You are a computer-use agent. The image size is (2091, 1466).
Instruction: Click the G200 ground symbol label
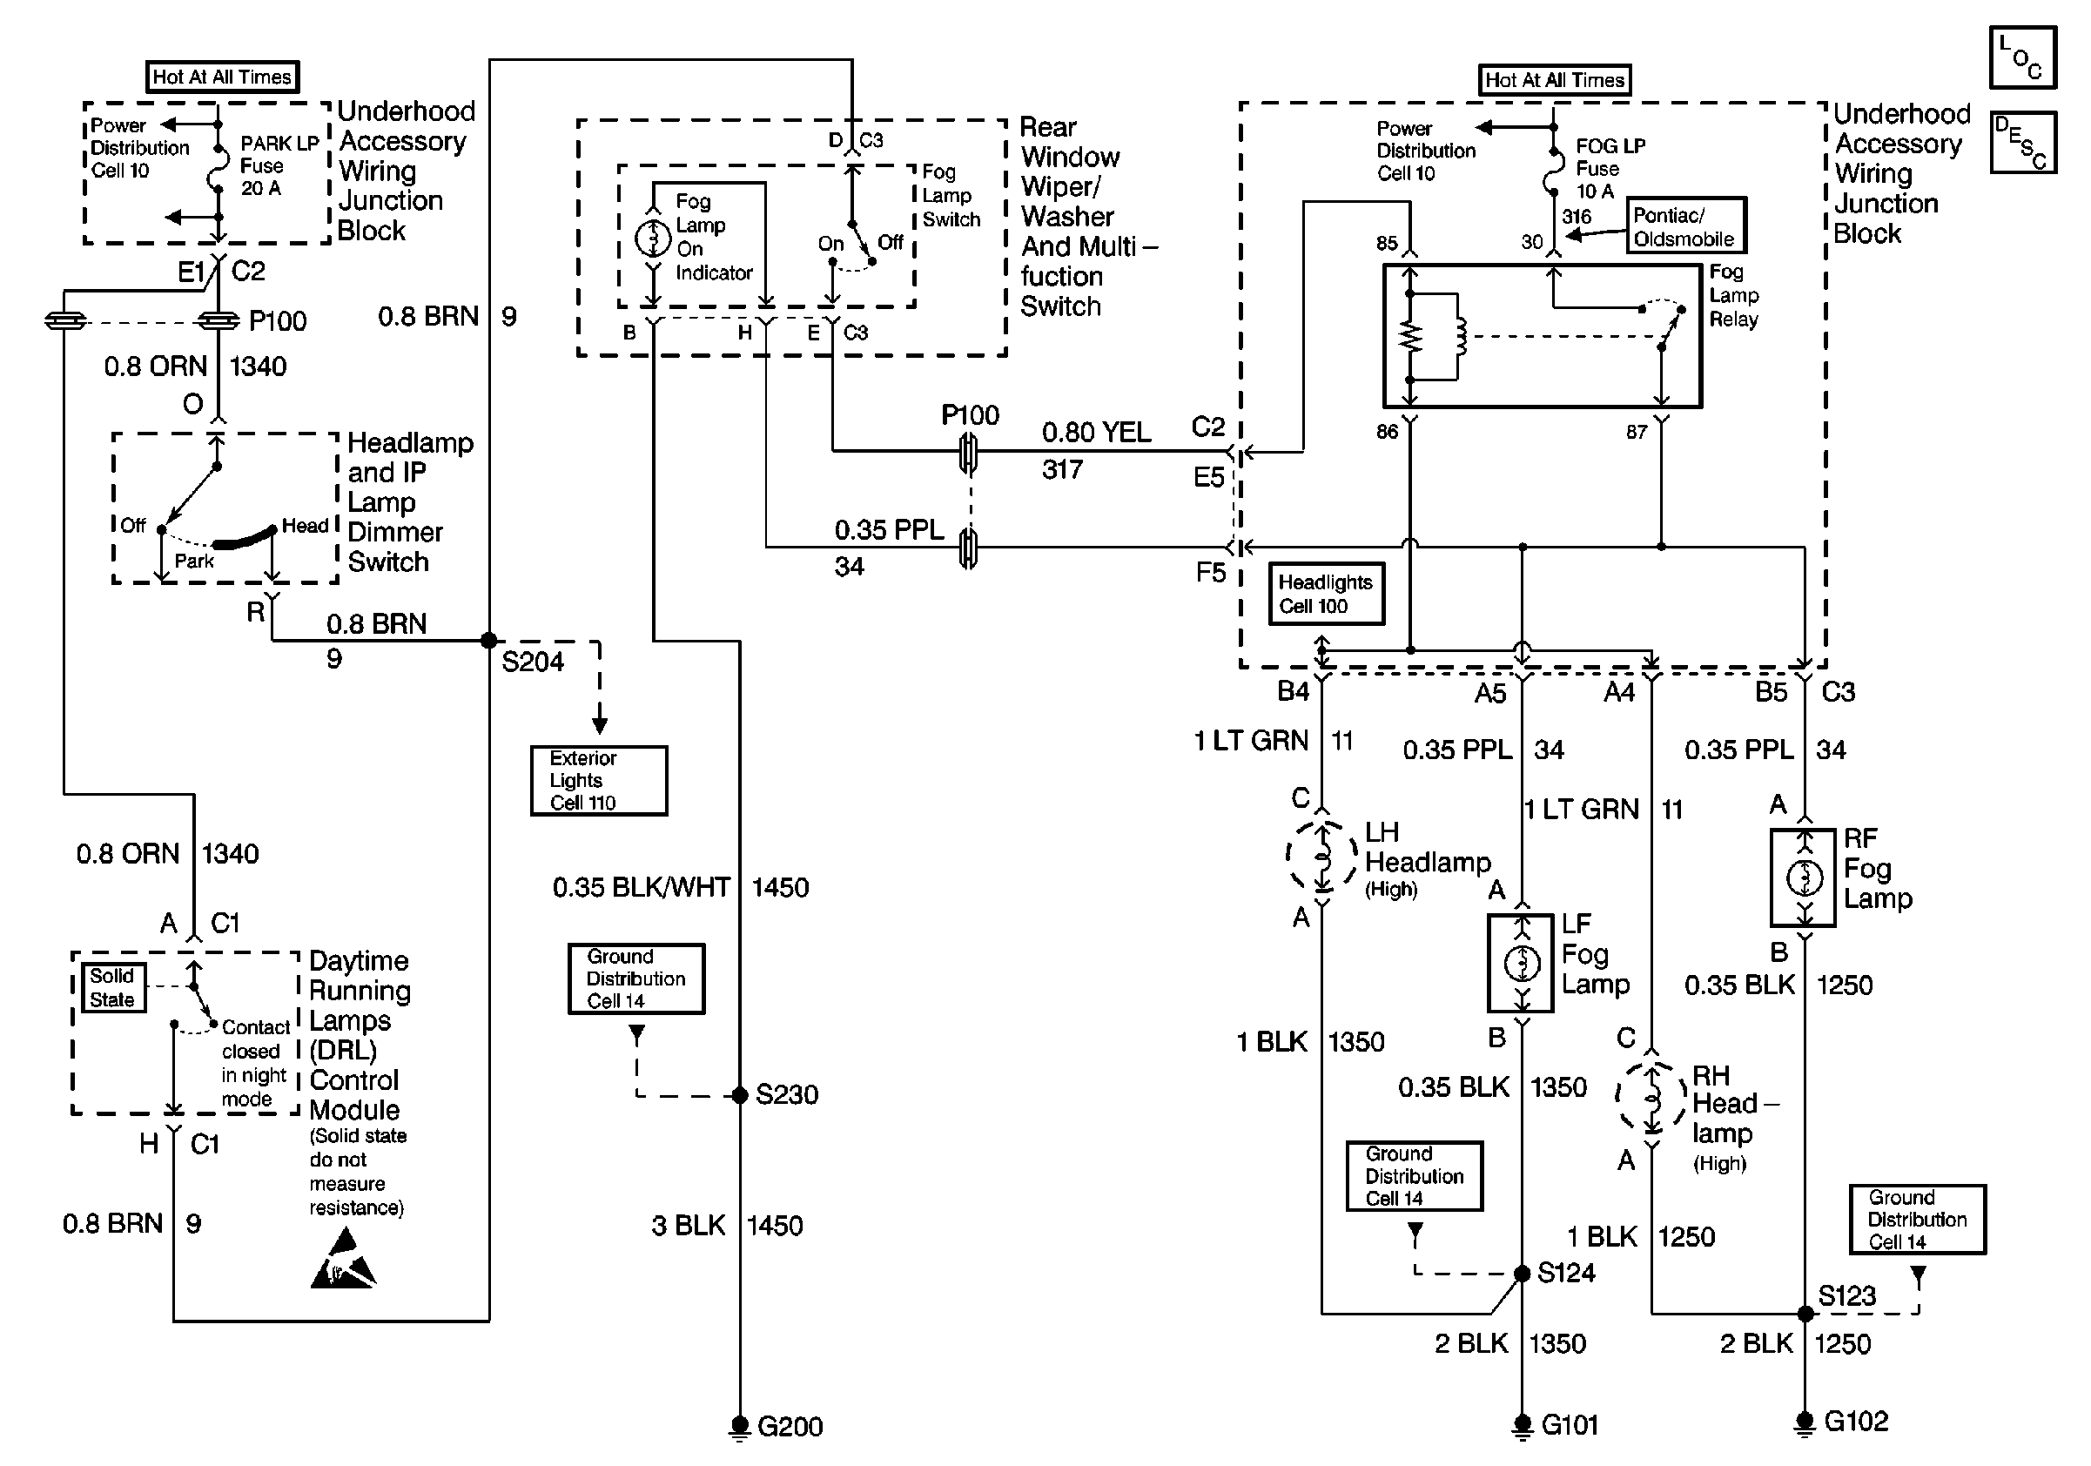[789, 1426]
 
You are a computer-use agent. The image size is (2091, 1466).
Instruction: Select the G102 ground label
[1855, 1421]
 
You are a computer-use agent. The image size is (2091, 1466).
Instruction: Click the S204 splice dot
[489, 640]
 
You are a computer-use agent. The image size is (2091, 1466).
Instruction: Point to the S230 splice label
[786, 1093]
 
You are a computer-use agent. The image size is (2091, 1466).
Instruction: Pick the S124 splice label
[1565, 1272]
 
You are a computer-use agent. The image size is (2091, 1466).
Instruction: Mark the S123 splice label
[1846, 1295]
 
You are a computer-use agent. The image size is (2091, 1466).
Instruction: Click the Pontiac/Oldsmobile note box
[1685, 225]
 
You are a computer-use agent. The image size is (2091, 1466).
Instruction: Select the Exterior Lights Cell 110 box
[598, 780]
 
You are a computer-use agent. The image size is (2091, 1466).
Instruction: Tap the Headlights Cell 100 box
[1326, 594]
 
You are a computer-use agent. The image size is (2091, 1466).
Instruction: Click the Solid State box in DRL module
[112, 988]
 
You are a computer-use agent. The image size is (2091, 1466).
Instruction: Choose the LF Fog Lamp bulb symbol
[1521, 964]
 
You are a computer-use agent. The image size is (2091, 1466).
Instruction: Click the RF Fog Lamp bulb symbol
[1803, 878]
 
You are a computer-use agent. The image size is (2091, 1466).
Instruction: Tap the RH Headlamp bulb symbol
[1651, 1096]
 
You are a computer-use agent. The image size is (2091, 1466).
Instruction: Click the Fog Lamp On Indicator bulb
[652, 239]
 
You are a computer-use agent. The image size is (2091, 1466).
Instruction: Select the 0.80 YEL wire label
[1096, 432]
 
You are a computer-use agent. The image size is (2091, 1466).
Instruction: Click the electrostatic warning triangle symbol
[343, 1261]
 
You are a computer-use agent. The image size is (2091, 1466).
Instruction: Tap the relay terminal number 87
[1636, 432]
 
